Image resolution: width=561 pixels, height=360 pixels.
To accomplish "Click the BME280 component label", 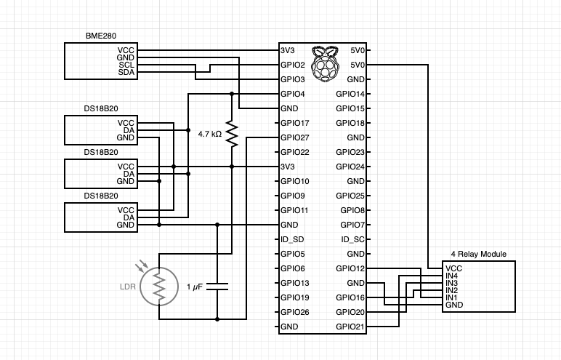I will pyautogui.click(x=100, y=36).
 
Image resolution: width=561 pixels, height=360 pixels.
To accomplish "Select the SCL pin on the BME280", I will pyautogui.click(x=126, y=65).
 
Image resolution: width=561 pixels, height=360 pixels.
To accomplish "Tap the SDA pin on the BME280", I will pyautogui.click(x=126, y=73).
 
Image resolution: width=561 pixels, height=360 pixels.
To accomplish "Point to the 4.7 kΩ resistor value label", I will pyautogui.click(x=210, y=134).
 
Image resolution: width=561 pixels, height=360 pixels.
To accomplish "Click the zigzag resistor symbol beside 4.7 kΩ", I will pyautogui.click(x=232, y=134).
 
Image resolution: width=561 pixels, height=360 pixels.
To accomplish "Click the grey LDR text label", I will pyautogui.click(x=127, y=287).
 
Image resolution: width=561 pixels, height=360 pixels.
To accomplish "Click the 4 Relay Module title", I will pyautogui.click(x=479, y=254).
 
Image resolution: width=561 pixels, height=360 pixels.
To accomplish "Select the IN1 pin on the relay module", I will pyautogui.click(x=452, y=297).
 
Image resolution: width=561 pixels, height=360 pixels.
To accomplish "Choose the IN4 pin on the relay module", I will pyautogui.click(x=452, y=276).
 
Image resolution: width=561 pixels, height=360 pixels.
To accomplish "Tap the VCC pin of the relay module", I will pyautogui.click(x=453, y=268).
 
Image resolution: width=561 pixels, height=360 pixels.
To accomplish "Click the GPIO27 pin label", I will pyautogui.click(x=295, y=137).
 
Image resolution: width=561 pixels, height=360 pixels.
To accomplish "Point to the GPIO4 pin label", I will pyautogui.click(x=293, y=94).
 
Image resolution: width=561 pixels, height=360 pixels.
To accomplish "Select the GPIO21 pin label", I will pyautogui.click(x=350, y=327).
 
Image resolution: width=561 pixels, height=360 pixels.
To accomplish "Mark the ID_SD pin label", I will pyautogui.click(x=292, y=239).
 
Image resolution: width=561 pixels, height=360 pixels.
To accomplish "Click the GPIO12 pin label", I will pyautogui.click(x=350, y=268).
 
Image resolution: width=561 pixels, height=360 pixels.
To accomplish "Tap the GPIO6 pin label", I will pyautogui.click(x=293, y=268).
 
